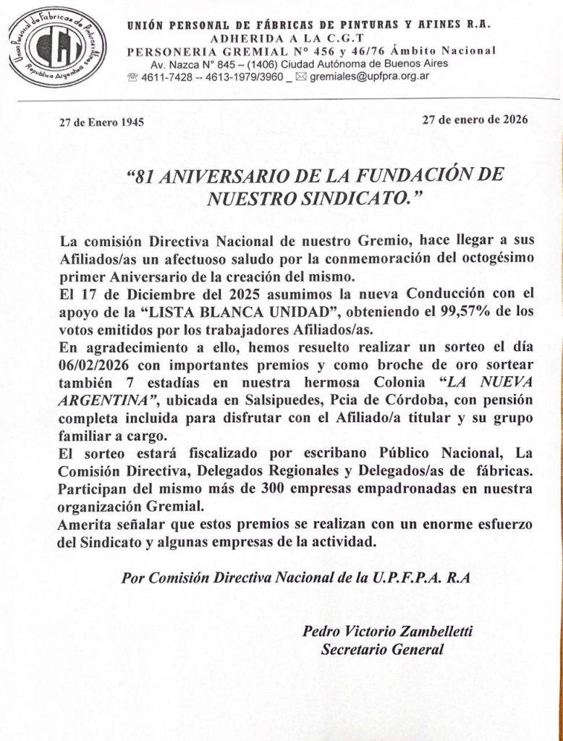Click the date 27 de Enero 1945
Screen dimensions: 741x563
point(101,122)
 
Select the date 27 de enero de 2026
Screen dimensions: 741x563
point(475,119)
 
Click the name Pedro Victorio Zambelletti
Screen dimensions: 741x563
point(388,632)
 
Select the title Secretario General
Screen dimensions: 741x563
point(381,649)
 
